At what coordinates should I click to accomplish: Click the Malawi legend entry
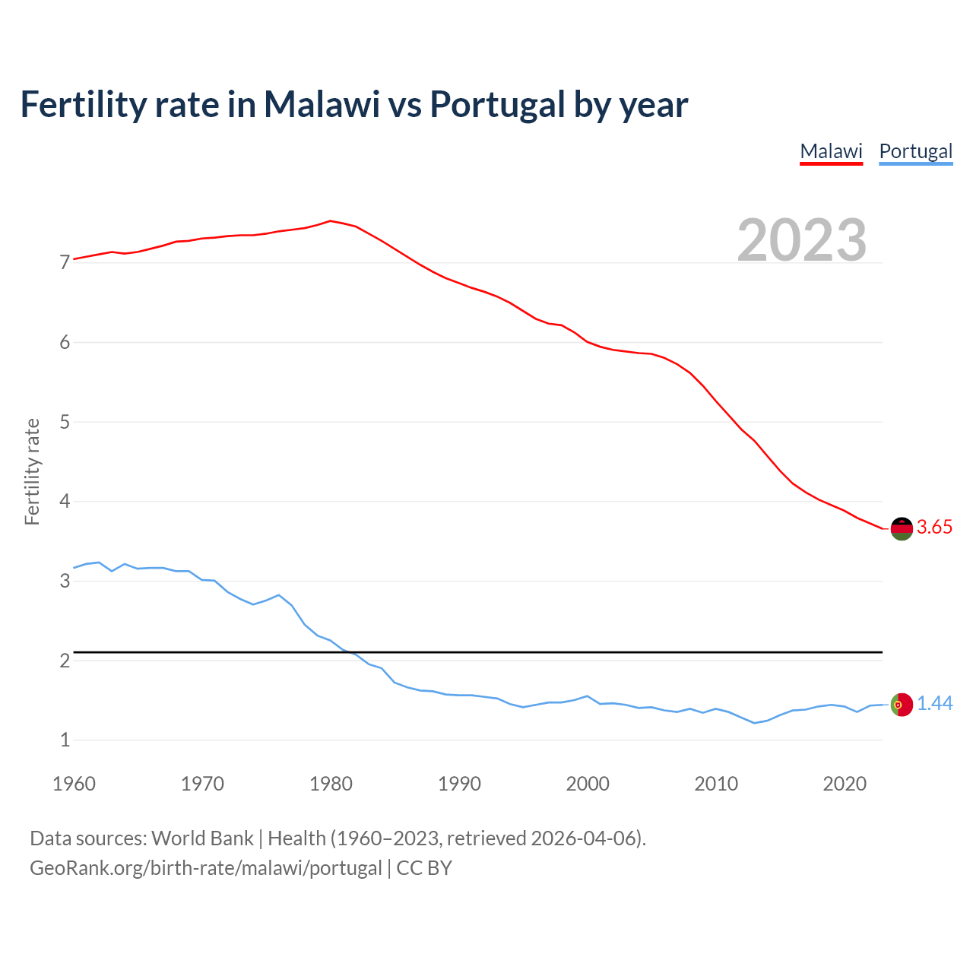click(831, 151)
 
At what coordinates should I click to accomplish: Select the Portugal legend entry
click(915, 151)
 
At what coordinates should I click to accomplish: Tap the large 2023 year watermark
click(802, 240)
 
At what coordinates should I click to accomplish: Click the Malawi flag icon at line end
click(902, 528)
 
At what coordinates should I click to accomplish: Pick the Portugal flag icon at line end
click(902, 705)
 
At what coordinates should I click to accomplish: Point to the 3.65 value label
click(934, 528)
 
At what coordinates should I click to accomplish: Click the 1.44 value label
click(934, 704)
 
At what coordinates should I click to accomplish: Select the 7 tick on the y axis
click(65, 263)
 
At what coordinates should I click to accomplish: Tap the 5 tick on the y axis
click(65, 422)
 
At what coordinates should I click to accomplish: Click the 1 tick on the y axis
click(65, 740)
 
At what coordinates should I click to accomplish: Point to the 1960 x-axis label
click(74, 784)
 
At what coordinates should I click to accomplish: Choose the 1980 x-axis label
click(331, 784)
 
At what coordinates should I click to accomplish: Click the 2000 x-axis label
click(588, 784)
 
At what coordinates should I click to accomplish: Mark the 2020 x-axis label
click(845, 784)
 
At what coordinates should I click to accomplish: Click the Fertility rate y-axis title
click(32, 471)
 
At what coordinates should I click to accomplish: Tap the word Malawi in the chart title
click(322, 104)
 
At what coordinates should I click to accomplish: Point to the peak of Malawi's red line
click(330, 220)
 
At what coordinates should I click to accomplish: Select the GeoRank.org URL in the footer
click(205, 868)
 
